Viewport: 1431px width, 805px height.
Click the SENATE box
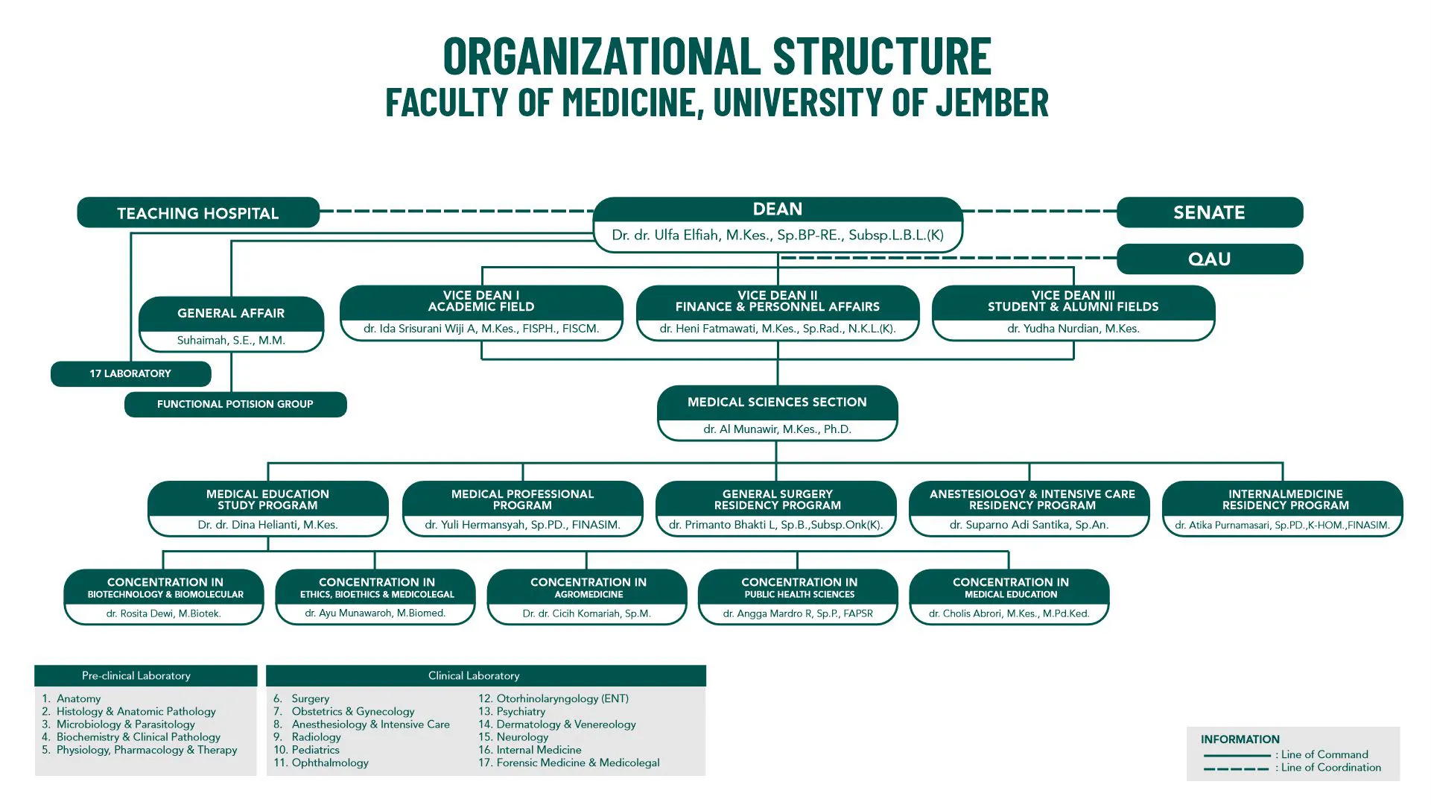click(x=1209, y=212)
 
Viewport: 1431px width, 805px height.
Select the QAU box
click(x=1209, y=259)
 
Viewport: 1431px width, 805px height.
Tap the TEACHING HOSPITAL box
click(x=198, y=213)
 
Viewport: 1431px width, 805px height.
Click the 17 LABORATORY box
click(x=130, y=373)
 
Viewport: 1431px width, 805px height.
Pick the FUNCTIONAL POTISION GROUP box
click(x=235, y=404)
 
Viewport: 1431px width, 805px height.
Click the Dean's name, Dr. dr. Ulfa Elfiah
click(x=777, y=236)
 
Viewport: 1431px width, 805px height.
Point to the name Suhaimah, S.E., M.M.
click(x=231, y=341)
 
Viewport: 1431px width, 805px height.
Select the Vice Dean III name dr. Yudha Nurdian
click(x=1073, y=329)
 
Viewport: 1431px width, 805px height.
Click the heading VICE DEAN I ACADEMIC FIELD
click(x=481, y=301)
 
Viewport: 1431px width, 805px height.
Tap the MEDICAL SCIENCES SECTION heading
click(x=777, y=402)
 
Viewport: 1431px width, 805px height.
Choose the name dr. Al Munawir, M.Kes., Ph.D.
click(x=777, y=429)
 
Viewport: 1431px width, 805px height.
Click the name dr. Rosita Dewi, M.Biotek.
click(x=163, y=613)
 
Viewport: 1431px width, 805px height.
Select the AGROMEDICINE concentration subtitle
click(x=588, y=595)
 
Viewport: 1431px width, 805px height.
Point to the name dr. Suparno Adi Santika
click(x=1029, y=525)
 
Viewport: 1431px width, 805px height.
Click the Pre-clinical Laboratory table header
click(x=136, y=676)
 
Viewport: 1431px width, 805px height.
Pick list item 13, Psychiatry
click(x=521, y=712)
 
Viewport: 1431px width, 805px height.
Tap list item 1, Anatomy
click(x=78, y=699)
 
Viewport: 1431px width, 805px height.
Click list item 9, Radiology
click(x=316, y=737)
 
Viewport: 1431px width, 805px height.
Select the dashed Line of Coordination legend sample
click(x=1236, y=768)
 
